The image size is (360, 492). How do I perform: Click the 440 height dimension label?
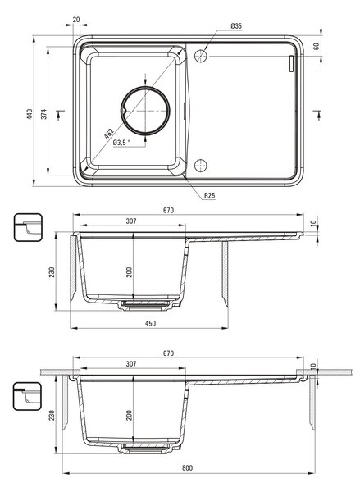[30, 114]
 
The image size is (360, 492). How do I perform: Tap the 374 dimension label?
[44, 114]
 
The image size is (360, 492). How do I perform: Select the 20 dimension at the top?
[76, 20]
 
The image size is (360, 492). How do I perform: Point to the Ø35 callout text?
[236, 26]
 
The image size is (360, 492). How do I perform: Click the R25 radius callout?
[210, 195]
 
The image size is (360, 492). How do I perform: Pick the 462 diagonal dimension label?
[108, 134]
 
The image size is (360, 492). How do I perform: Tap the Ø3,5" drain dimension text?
[121, 143]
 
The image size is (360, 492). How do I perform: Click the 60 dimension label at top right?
[316, 46]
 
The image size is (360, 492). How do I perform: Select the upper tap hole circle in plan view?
[201, 56]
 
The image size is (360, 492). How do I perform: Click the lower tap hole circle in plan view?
[201, 166]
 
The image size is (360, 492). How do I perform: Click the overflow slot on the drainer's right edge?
[291, 64]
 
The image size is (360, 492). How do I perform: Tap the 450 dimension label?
[150, 323]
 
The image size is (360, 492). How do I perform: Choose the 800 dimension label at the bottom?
[187, 468]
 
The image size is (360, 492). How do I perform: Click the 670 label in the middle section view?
[168, 210]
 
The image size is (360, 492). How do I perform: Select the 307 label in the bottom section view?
[131, 363]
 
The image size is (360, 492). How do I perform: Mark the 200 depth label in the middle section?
[129, 272]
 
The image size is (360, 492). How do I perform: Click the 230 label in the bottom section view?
[52, 415]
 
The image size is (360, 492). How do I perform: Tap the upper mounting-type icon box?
[28, 227]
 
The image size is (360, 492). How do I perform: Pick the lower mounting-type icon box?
[27, 396]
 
